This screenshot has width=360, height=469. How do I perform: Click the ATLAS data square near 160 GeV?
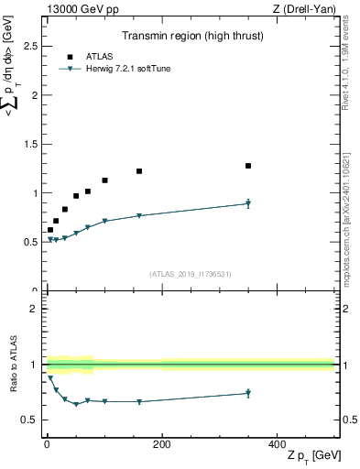coord(139,171)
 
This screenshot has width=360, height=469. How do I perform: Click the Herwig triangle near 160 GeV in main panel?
coord(139,216)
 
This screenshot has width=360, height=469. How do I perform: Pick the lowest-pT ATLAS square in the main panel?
coord(50,230)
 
